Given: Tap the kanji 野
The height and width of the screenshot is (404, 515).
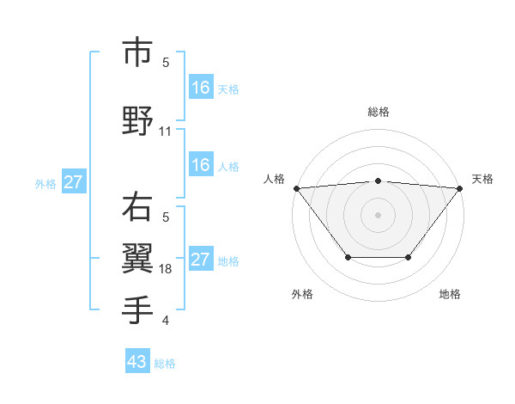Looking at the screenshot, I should pos(137,121).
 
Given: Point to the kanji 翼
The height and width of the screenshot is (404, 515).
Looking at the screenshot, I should pos(137,258).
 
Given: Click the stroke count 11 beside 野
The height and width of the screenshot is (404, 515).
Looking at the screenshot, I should pos(166,132).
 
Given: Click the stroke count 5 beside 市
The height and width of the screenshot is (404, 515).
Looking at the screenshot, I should pos(166,62).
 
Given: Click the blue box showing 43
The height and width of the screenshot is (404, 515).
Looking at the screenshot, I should pos(137,362).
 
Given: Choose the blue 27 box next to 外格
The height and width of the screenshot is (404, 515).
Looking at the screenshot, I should pos(73,182).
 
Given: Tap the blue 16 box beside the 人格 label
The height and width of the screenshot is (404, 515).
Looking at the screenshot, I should pos(200,165).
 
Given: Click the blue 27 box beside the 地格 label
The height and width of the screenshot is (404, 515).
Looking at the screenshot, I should pos(200,260).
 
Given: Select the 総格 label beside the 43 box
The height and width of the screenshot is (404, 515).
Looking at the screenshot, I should pos(165,364).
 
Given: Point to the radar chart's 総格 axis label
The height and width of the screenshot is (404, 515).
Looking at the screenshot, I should pos(378,112).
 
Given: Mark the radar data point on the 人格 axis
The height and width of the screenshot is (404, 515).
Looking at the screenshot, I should pos(296,188).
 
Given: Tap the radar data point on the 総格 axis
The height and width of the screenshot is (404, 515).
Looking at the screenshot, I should pos(378,181).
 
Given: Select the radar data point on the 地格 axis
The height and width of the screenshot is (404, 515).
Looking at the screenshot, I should pos(409,257).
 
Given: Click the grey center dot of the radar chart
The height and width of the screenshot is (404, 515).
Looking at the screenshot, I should pos(378,214).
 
